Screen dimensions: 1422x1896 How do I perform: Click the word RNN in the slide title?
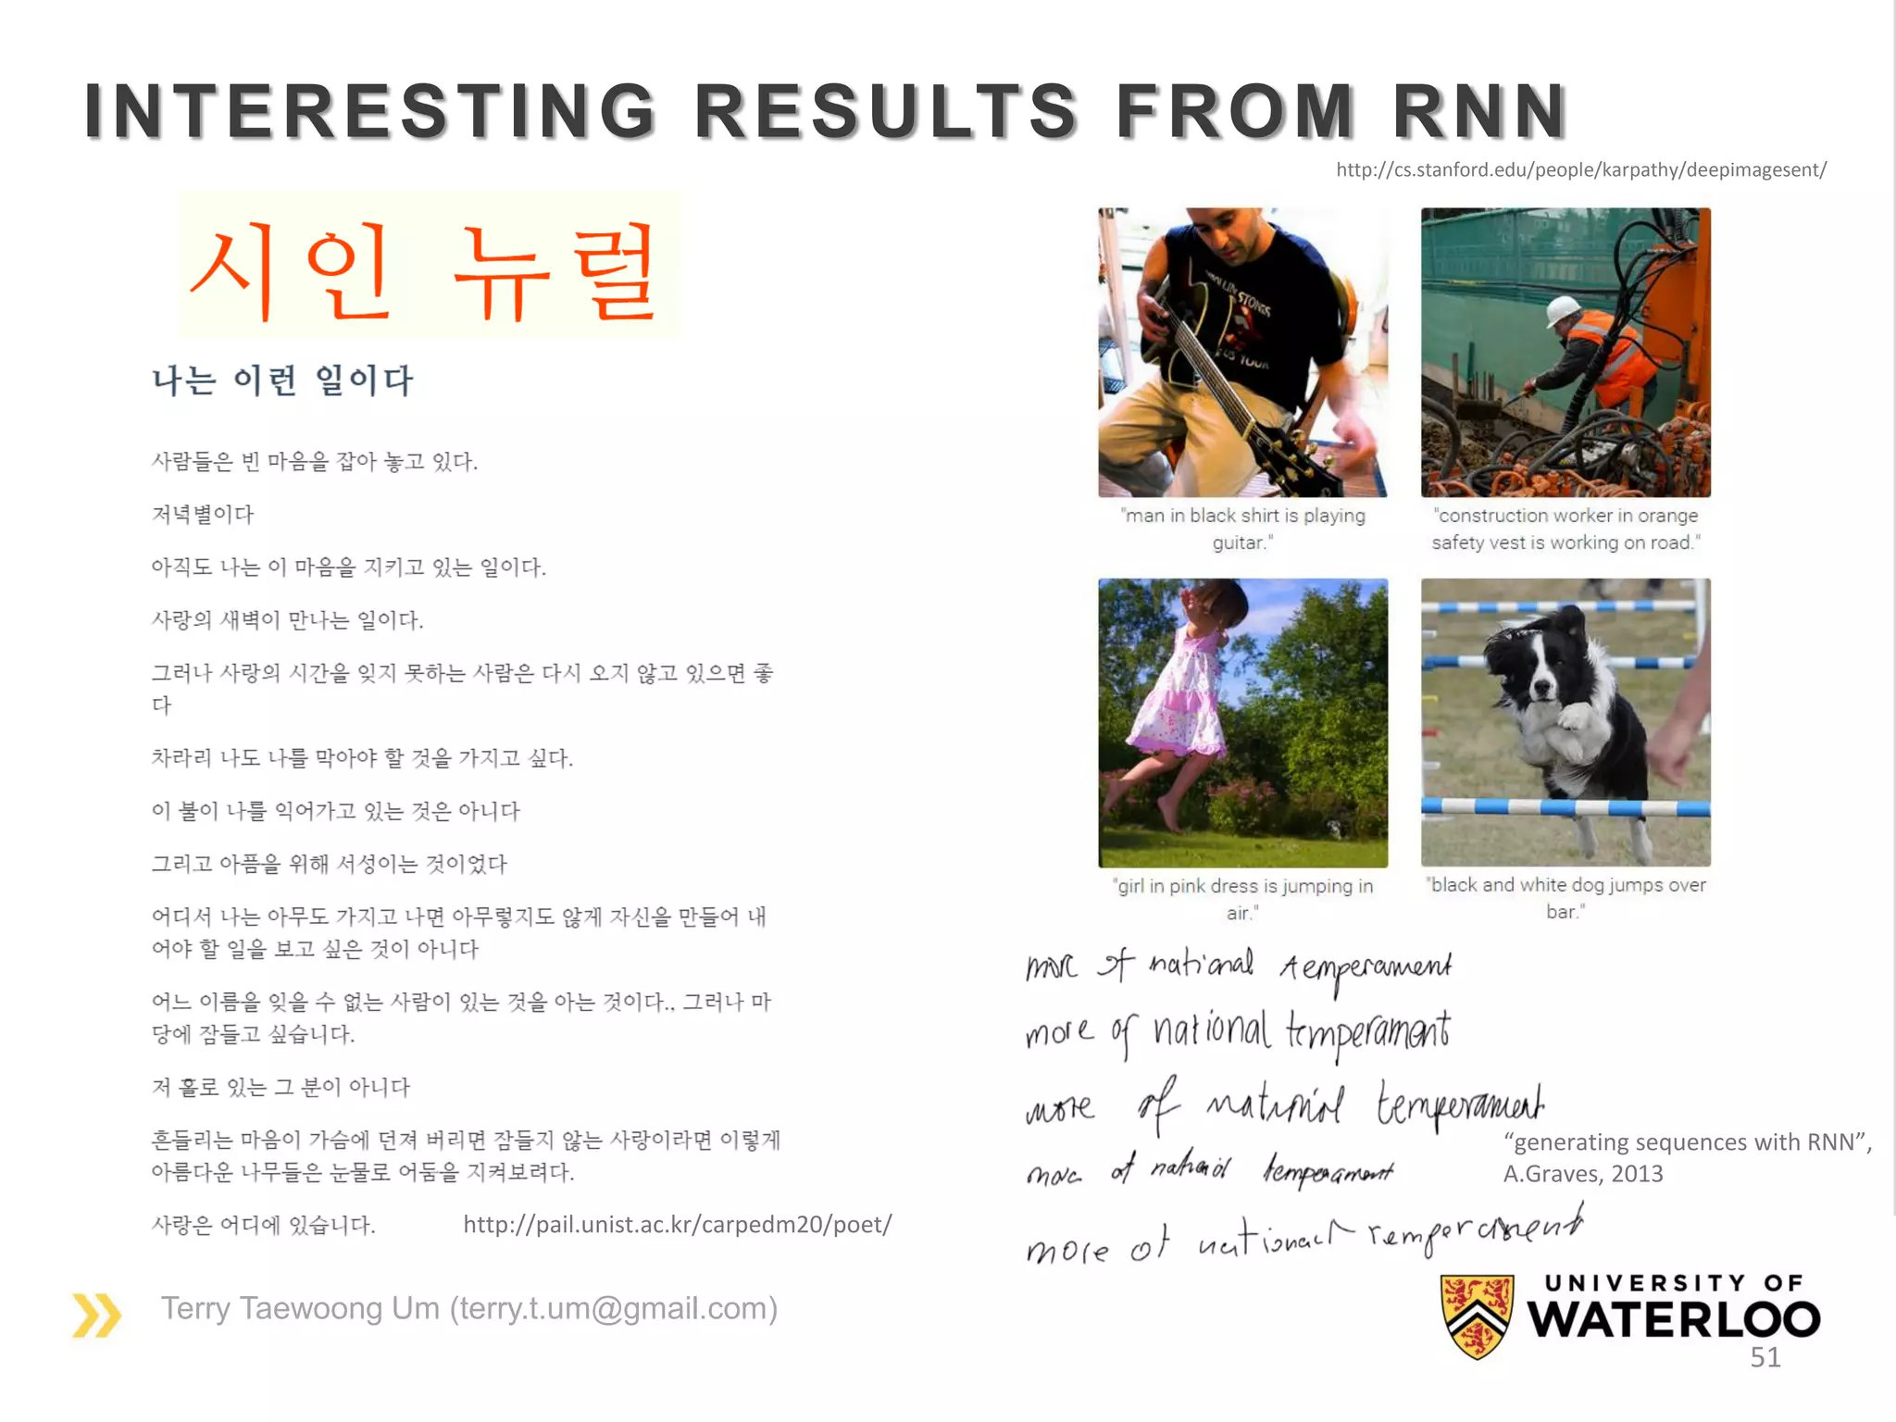pyautogui.click(x=1479, y=111)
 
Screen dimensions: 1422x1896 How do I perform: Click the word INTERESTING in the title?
pyautogui.click(x=370, y=111)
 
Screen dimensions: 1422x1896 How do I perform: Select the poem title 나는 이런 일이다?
pyautogui.click(x=282, y=380)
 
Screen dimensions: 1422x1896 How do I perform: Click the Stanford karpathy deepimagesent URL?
pyautogui.click(x=1580, y=169)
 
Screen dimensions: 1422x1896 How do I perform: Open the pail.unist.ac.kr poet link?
pyautogui.click(x=677, y=1225)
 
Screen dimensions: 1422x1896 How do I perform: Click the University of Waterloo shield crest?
pyautogui.click(x=1477, y=1315)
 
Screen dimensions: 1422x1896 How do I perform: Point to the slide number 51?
pyautogui.click(x=1765, y=1357)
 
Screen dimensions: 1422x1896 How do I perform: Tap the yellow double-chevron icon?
pyautogui.click(x=96, y=1315)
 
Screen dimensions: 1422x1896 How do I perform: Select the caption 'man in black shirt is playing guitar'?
pyautogui.click(x=1242, y=529)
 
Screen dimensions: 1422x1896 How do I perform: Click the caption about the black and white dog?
pyautogui.click(x=1565, y=898)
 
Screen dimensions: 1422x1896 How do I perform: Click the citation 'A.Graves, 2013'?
pyautogui.click(x=1583, y=1174)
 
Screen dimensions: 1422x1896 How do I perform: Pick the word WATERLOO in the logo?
pyautogui.click(x=1674, y=1319)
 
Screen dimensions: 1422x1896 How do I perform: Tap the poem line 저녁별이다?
pyautogui.click(x=203, y=515)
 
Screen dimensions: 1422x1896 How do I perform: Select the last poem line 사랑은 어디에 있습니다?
pyautogui.click(x=264, y=1226)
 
